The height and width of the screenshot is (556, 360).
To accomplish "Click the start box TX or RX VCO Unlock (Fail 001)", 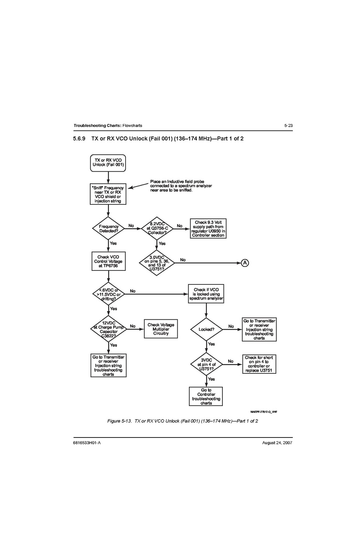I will pyautogui.click(x=108, y=162).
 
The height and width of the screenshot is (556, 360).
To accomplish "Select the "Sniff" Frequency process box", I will pyautogui.click(x=108, y=194).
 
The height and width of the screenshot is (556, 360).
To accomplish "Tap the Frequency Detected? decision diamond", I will pyautogui.click(x=108, y=228).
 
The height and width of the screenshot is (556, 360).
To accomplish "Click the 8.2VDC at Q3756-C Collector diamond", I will pyautogui.click(x=157, y=228).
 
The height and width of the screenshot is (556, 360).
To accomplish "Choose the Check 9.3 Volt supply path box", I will pyautogui.click(x=208, y=228).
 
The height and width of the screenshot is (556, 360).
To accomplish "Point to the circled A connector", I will pyautogui.click(x=245, y=263).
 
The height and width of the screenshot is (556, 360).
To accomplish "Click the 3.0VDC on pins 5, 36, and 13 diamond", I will pyautogui.click(x=157, y=263).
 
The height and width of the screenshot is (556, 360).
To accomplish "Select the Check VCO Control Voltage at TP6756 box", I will pyautogui.click(x=108, y=261).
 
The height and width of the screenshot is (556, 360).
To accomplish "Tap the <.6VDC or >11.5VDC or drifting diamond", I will pyautogui.click(x=108, y=294).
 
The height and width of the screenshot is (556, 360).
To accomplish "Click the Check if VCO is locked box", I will pyautogui.click(x=206, y=294).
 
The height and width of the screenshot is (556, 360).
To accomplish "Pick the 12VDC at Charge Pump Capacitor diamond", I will pyautogui.click(x=108, y=329).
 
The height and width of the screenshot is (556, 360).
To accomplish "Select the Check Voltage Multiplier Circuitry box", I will pyautogui.click(x=161, y=329).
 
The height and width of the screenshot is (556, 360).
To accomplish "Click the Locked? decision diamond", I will pyautogui.click(x=206, y=329).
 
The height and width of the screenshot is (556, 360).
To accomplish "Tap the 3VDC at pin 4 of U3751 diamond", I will pyautogui.click(x=206, y=364).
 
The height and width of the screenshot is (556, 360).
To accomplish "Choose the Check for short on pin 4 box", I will pyautogui.click(x=259, y=364).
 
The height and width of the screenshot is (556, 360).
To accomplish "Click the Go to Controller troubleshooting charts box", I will pyautogui.click(x=206, y=396).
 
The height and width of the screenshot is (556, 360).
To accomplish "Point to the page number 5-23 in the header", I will pyautogui.click(x=288, y=125).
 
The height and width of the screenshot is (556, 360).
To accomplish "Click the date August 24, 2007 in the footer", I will pyautogui.click(x=277, y=443).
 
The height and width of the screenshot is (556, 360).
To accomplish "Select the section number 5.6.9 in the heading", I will pyautogui.click(x=79, y=139).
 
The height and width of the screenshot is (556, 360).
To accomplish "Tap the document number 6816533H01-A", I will pyautogui.click(x=87, y=443).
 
